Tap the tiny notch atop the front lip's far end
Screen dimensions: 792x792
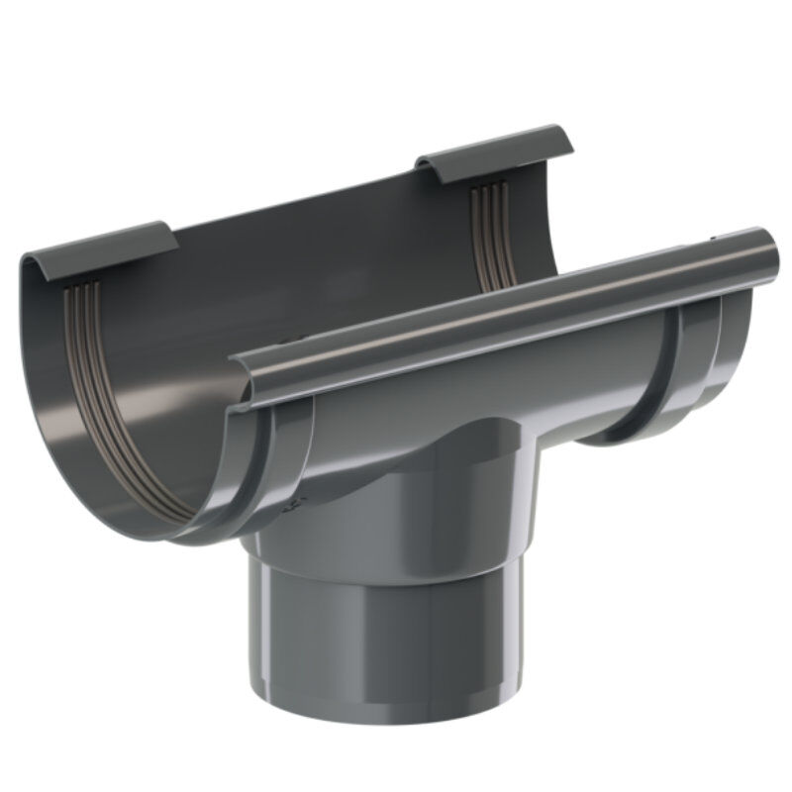[x=715, y=238]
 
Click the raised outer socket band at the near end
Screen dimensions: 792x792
[x=282, y=465]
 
